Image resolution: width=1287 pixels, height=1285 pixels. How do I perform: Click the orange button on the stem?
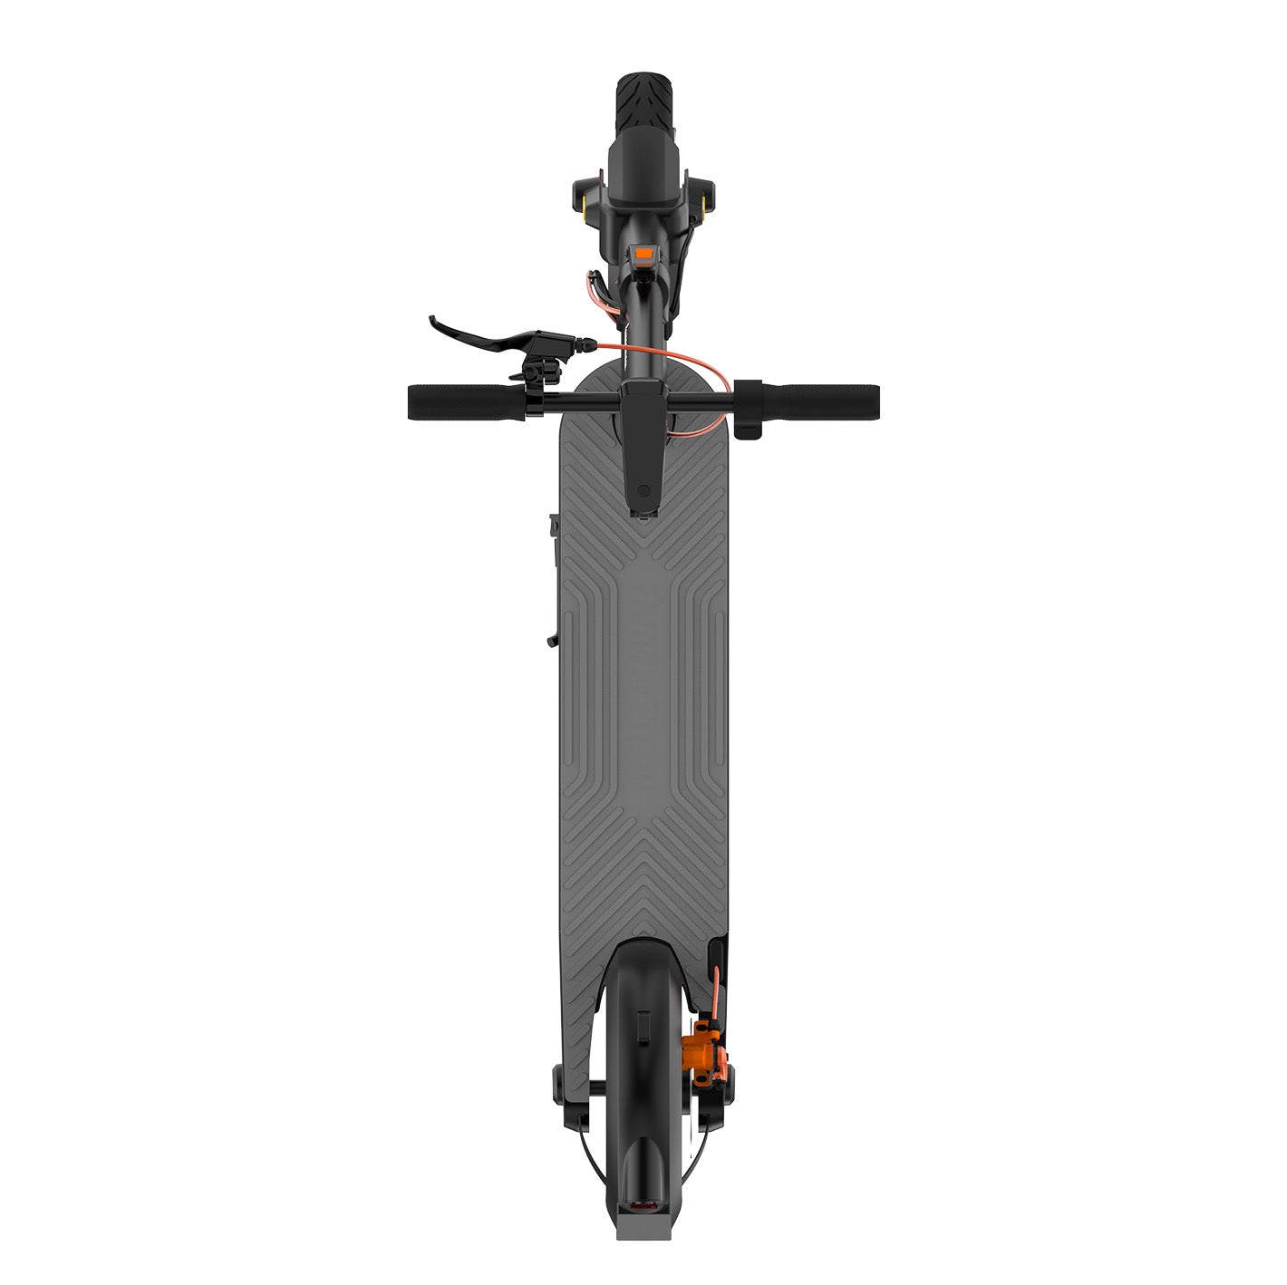point(643,255)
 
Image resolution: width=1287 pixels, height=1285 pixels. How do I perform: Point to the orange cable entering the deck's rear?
point(716,988)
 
